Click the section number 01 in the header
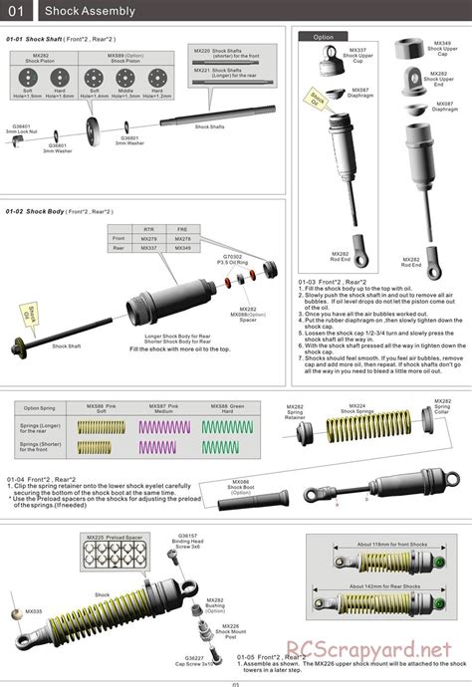(16, 11)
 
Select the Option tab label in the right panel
(324, 36)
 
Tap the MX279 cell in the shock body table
(149, 239)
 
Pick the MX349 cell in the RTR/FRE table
(183, 249)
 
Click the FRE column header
(183, 229)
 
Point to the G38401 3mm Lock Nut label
(21, 130)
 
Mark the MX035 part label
(34, 611)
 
